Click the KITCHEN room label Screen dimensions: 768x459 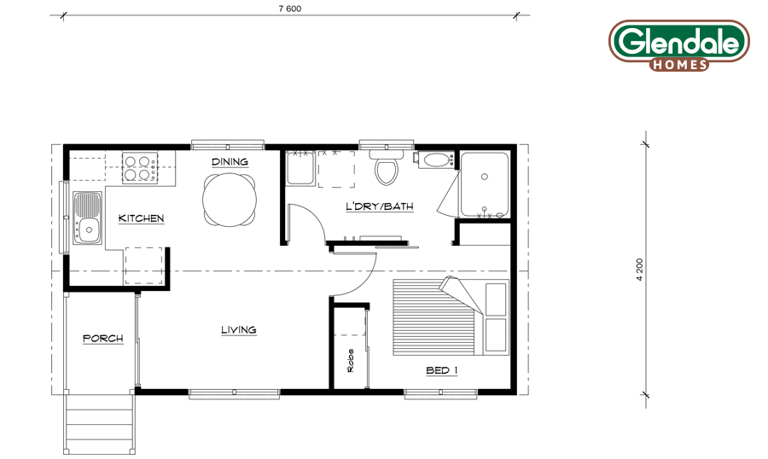[141, 218]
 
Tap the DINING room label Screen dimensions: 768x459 [230, 161]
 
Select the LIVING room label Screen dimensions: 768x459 [239, 329]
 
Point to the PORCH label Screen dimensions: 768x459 [103, 338]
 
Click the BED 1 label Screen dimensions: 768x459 [442, 370]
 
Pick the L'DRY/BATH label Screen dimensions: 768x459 [380, 206]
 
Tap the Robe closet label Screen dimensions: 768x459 [351, 361]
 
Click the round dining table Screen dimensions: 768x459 [230, 200]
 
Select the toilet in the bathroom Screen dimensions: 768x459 [387, 167]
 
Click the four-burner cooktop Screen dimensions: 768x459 [140, 168]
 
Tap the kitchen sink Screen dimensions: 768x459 [88, 218]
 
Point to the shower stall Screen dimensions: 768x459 [485, 184]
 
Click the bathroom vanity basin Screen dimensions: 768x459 [437, 160]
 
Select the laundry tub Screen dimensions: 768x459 [300, 168]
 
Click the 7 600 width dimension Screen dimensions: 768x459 [290, 9]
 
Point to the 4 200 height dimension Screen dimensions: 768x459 [640, 270]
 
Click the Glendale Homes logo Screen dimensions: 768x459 [679, 45]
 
